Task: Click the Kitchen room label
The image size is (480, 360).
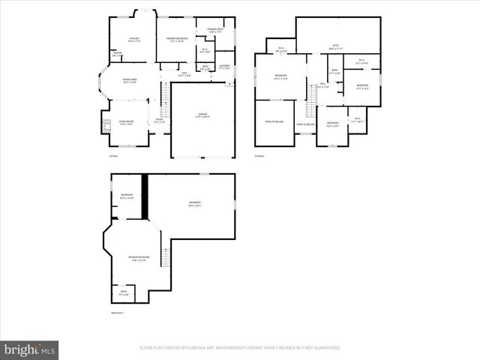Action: pos(133,39)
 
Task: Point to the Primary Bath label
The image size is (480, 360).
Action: pos(215,31)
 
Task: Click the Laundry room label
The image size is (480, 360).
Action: pos(223,67)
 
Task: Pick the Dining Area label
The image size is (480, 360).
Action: pos(129,82)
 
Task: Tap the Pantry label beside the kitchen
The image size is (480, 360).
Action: pos(117,55)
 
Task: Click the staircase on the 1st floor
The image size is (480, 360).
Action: pos(164,94)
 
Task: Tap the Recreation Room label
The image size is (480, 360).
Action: pos(124,259)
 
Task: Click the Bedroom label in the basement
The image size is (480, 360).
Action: pos(126,196)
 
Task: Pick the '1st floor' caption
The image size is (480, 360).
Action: pos(113,156)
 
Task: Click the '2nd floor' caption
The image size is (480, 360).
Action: pos(259,156)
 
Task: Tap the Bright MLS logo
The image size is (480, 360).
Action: pos(30,349)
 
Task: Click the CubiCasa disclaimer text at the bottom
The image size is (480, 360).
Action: pos(240,348)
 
